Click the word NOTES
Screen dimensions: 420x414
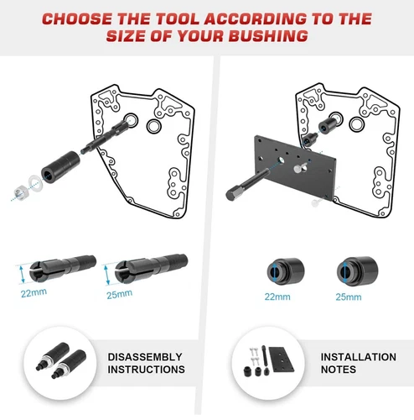click(x=341, y=370)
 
